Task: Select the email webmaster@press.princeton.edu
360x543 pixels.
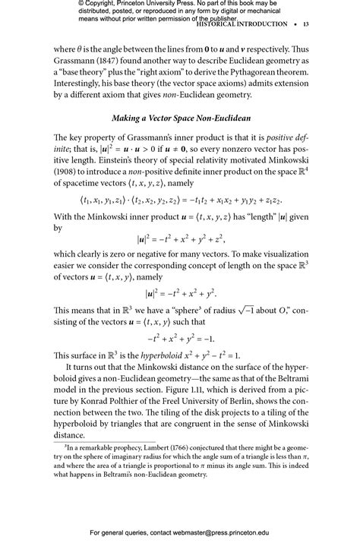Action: coord(229,532)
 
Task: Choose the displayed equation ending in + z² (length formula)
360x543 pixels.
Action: coord(180,236)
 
